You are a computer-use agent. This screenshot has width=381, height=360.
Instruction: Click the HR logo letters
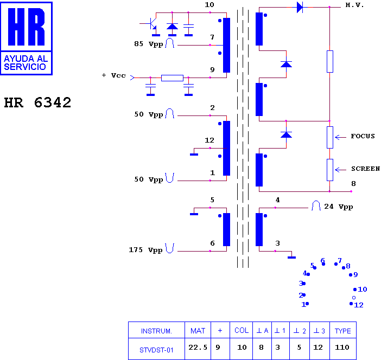point(26,27)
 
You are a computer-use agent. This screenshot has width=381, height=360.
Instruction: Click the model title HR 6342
point(37,102)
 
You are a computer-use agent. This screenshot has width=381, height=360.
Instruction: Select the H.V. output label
point(354,5)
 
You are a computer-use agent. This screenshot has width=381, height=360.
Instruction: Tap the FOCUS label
point(363,136)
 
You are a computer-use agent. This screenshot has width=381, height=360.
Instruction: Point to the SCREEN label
point(365,169)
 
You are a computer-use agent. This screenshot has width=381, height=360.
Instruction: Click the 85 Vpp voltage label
point(149,44)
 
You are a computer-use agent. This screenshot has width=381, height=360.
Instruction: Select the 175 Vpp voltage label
point(145,250)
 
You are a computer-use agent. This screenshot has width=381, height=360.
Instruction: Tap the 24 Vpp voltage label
point(339,207)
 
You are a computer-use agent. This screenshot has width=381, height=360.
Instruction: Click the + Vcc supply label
point(114,75)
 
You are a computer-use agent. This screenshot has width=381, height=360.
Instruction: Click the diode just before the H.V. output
point(300,7)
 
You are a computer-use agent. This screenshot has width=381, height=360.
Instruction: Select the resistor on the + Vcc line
point(172,78)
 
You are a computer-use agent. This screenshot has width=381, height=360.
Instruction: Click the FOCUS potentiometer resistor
point(330,137)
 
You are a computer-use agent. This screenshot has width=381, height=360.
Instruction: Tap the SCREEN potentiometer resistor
point(330,170)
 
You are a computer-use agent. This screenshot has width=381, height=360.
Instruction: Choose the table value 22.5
point(198,348)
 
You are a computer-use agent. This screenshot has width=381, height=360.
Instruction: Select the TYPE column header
point(343,331)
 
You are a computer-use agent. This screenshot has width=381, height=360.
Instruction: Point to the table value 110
point(342,348)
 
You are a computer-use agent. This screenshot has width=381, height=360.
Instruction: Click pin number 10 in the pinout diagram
point(363,290)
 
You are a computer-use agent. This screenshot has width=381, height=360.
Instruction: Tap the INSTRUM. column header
point(156,331)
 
